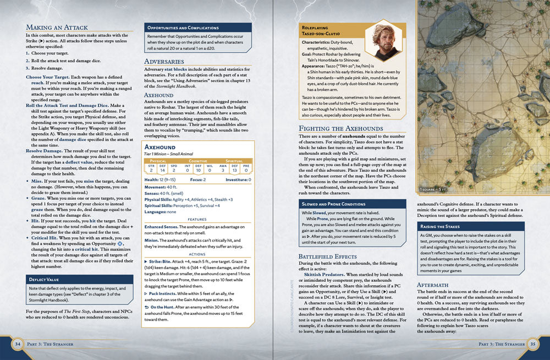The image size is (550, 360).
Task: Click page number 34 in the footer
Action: pos(18,345)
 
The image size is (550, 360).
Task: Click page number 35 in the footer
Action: pos(532,345)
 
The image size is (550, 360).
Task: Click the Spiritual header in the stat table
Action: pos(234,161)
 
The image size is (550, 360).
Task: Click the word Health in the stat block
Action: pos(151,179)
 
